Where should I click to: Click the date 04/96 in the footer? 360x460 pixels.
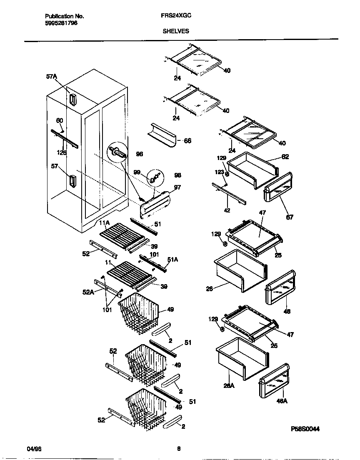pos(34,449)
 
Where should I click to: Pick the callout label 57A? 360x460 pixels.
pos(52,77)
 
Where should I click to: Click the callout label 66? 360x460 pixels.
pos(187,141)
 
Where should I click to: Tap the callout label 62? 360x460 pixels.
pos(285,157)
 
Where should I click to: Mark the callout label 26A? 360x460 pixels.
pos(229,386)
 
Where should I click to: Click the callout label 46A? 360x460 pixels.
pos(282,401)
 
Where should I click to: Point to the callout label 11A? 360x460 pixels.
pos(104,223)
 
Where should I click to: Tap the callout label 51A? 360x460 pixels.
pos(172,259)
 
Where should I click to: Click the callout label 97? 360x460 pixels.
pos(177,187)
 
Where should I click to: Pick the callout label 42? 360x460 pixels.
pos(227,210)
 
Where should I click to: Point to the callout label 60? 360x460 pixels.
pos(60,120)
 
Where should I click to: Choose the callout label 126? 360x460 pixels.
pos(62,152)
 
